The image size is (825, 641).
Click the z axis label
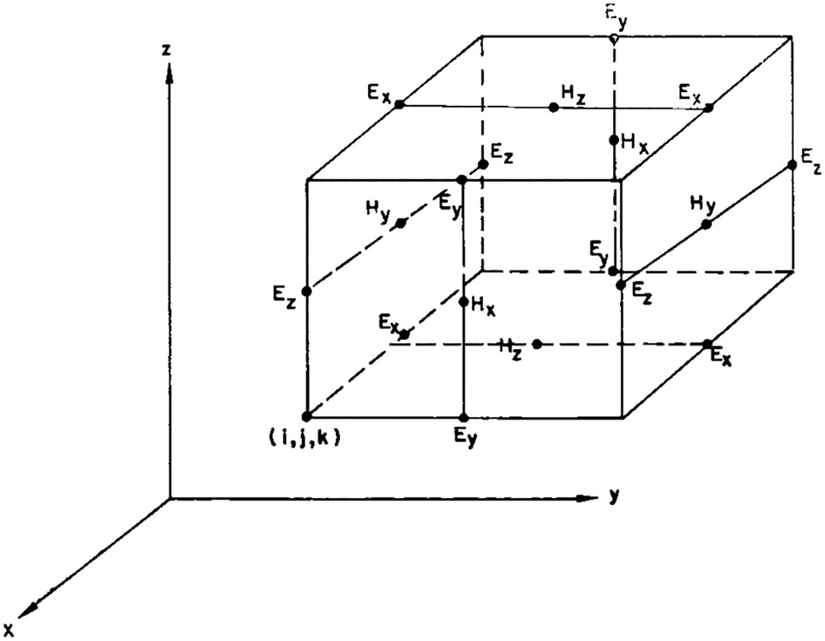166,50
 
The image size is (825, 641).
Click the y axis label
614,497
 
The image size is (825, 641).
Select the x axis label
9,630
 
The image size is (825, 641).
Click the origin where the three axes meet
170,497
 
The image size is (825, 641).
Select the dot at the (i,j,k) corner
307,417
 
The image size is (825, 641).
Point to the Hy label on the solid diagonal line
703,206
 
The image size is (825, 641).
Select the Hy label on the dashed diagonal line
378,215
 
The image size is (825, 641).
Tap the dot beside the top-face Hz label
553,108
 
